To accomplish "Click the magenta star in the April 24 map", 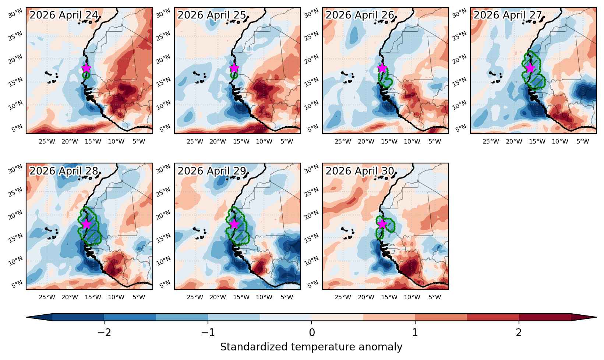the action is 86,68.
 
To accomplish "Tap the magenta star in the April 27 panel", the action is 530,68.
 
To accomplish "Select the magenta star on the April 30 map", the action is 382,224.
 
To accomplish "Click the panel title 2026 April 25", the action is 212,15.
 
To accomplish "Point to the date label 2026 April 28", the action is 64,171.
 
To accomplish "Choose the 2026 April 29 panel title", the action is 212,171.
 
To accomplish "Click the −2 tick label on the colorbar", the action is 104,333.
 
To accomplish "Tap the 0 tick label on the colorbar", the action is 312,333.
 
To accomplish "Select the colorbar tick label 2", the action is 519,333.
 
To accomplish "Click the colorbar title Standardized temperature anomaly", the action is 311,347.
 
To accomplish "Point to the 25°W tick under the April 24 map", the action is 47,141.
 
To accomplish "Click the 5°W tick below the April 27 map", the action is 583,141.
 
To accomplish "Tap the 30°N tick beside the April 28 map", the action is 15,169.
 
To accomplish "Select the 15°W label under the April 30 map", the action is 389,297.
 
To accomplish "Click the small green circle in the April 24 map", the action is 86,75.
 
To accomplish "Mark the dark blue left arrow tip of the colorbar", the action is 27,317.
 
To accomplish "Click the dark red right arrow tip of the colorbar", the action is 596,317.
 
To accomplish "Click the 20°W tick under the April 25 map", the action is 218,141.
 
